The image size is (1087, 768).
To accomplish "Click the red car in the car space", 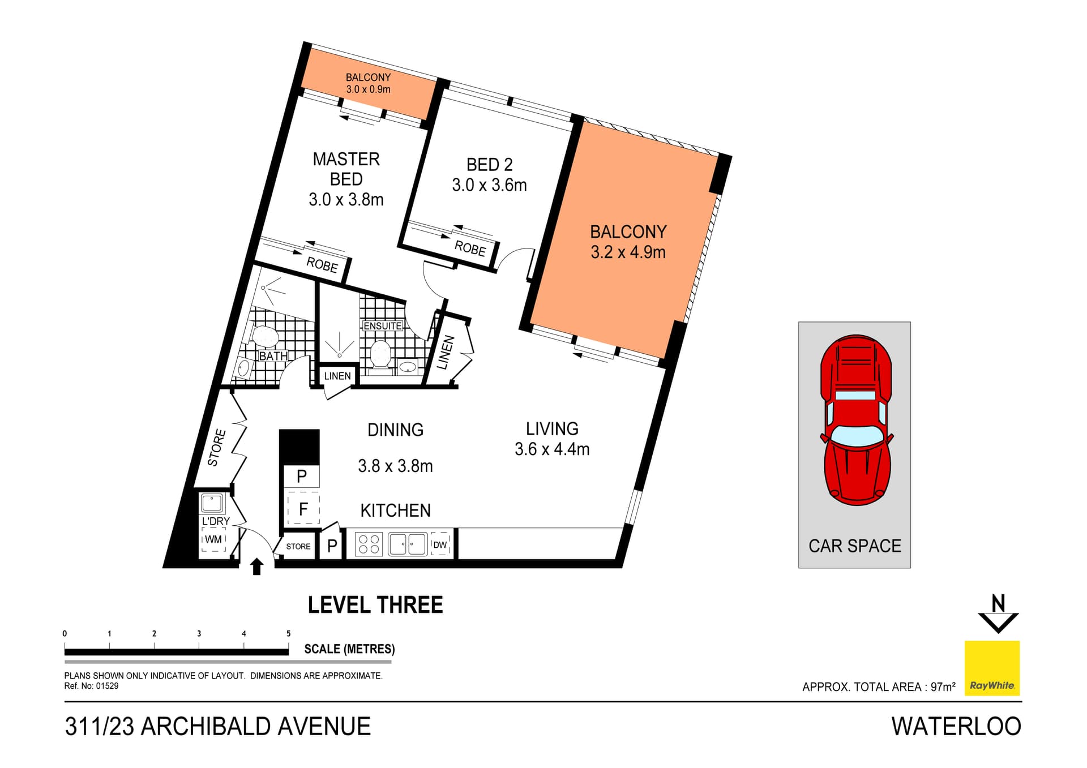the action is click(856, 420).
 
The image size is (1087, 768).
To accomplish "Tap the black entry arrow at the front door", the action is click(257, 567).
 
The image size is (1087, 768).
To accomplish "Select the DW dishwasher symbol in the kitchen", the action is click(440, 544).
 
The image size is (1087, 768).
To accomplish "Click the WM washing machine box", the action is click(213, 539).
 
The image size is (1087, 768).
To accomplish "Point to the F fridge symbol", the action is click(303, 508).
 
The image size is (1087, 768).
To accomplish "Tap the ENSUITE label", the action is click(383, 326).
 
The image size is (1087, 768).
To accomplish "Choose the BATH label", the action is click(273, 356).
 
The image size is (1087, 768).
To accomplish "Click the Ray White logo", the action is click(992, 668).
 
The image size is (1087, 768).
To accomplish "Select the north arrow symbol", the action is click(999, 613).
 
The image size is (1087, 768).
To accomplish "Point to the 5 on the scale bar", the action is click(289, 633).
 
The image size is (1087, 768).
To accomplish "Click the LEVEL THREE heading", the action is click(375, 605).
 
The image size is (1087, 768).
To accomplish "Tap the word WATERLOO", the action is click(956, 726).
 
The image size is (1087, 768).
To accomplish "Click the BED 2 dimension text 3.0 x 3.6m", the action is click(489, 185).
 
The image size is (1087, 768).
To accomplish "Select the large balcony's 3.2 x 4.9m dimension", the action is click(628, 252).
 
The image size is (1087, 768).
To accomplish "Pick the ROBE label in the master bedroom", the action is click(322, 264).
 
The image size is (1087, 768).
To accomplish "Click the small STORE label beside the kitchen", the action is click(298, 546).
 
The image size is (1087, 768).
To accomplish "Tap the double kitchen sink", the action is click(408, 544).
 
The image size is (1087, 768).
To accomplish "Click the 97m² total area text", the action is click(943, 687).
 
